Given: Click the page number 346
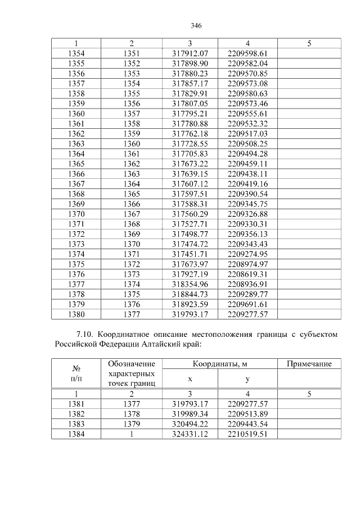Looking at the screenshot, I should point(196,26).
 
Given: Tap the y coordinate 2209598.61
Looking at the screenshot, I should point(247,53).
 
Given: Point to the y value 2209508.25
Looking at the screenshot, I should point(247,143).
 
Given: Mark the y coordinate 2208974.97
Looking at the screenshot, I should point(247,264).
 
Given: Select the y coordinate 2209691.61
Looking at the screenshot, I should point(247,304).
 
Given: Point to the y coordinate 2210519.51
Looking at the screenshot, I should point(247,434).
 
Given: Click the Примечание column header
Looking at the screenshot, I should point(309,364).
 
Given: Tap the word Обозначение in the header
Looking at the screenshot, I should point(131,364).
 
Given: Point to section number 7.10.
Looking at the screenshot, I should point(84,335).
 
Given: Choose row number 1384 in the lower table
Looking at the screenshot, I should point(76,434).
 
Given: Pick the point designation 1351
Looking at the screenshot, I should point(131,53).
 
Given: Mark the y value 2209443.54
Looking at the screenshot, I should point(247,425).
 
